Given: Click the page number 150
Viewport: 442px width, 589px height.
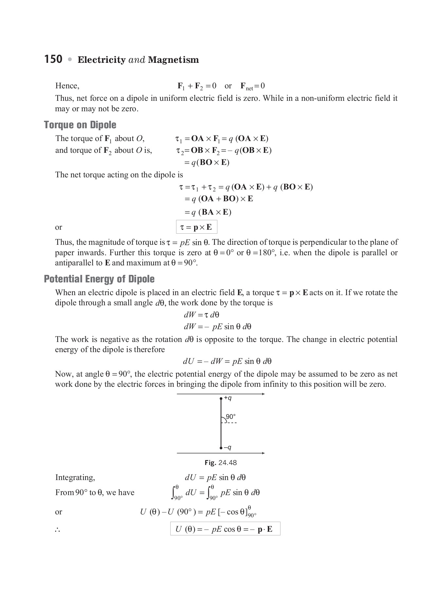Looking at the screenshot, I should [53, 59].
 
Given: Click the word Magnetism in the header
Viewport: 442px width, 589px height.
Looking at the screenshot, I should [173, 60].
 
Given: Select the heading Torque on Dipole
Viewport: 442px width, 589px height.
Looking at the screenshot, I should [80, 125].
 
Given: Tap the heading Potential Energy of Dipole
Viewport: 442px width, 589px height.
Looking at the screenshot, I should [99, 279].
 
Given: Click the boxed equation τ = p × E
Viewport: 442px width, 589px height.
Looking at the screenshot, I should [196, 227].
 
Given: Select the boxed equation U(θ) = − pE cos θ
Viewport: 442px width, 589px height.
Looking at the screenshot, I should [225, 529].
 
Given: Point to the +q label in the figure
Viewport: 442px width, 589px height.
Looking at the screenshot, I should [228, 398].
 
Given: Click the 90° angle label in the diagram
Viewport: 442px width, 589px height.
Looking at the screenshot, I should [231, 417].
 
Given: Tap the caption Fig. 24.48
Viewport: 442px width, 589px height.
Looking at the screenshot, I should [221, 463].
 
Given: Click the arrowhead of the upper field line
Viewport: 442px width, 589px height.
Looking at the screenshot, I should [263, 394].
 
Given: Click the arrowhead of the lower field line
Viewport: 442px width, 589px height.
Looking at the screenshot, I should [263, 453].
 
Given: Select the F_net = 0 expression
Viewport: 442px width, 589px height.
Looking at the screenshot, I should [252, 86].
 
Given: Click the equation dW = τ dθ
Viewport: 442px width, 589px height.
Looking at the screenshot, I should [201, 315].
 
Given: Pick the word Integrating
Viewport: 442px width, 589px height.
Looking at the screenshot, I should [75, 477].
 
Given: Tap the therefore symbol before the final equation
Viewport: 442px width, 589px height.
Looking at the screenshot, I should [58, 530].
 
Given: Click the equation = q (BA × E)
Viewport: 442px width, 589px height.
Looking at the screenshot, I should [208, 212].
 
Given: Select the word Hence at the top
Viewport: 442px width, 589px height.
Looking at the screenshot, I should [67, 86].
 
